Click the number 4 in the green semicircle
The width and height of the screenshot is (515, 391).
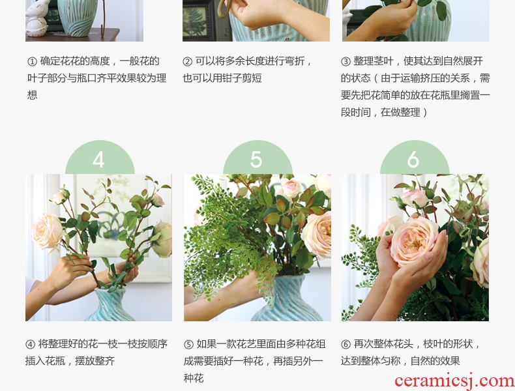(98, 160)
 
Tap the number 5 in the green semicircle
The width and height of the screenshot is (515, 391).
(256, 160)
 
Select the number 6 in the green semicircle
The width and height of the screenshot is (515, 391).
(413, 160)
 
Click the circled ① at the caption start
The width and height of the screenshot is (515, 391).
(32, 61)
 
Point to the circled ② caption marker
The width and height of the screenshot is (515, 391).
(187, 61)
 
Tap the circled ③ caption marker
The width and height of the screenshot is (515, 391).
(346, 61)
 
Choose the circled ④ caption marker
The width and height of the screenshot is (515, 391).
(30, 344)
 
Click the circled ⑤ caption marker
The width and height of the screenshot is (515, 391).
(188, 344)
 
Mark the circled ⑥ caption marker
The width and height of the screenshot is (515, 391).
(346, 344)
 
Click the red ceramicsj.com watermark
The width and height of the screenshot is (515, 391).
(454, 381)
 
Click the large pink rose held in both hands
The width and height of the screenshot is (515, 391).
(414, 240)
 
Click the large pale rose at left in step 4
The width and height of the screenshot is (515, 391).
(48, 231)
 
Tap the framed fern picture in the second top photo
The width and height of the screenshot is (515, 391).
(196, 20)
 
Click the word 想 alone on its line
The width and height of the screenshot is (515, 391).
(32, 95)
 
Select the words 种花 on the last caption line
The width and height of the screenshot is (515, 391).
(194, 378)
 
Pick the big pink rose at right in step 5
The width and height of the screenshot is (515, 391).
(317, 235)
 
